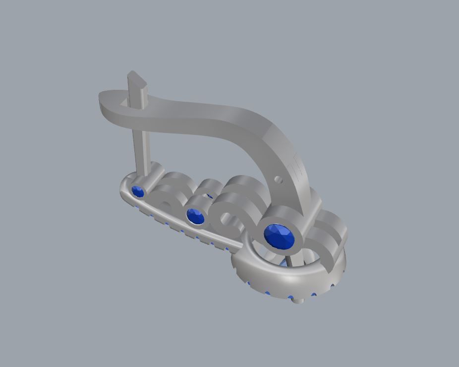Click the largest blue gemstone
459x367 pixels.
point(279,236)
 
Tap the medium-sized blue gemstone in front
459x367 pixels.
point(196,216)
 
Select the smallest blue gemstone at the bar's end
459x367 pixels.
point(137,191)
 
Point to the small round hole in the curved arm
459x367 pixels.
point(279,180)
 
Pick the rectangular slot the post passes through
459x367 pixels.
point(124,103)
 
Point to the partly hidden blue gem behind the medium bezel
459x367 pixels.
point(210,196)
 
